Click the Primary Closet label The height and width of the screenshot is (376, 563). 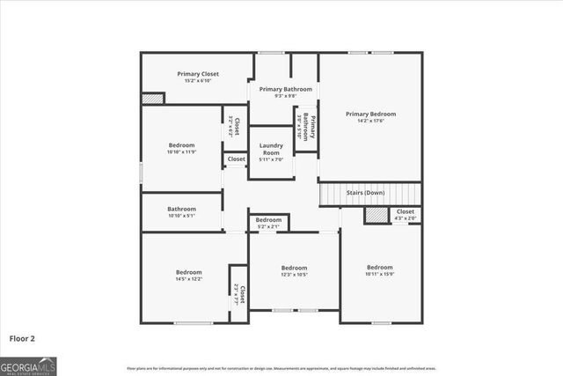pos(198,74)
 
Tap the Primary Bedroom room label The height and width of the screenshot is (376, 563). pos(370,114)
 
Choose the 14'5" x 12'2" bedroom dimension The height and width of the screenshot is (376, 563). pos(188,279)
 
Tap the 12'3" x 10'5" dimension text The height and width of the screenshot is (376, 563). pos(294,275)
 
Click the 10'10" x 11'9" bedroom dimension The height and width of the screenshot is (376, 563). pos(182,152)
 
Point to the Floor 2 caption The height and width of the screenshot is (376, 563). pos(22,337)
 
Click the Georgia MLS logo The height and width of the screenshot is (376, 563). pos(28,365)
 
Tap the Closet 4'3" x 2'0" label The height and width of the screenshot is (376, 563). pos(405,215)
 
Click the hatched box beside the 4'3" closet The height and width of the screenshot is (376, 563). pos(376,215)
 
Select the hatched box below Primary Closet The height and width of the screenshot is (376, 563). pos(152,99)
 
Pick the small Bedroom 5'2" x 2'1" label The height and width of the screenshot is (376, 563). pos(268,223)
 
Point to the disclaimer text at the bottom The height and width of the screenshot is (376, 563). pos(281,368)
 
